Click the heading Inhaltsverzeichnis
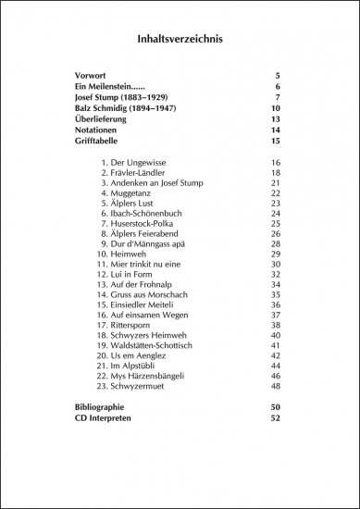(x=180, y=40)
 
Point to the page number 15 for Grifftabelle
(x=275, y=142)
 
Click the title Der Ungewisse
(x=144, y=163)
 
